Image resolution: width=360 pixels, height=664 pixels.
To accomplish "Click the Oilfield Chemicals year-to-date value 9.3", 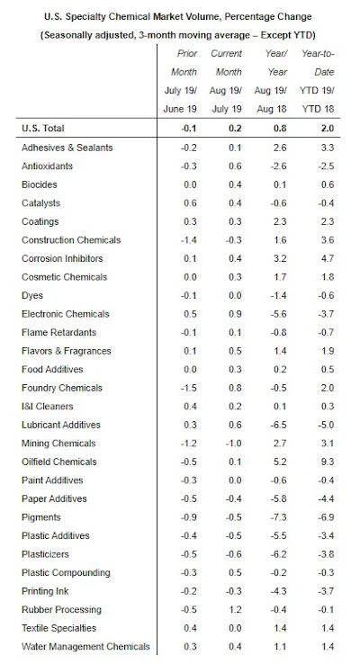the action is point(328,462).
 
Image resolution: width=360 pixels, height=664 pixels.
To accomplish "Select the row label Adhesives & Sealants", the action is point(67,148).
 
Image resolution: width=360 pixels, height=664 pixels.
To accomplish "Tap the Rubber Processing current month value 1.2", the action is point(235,609).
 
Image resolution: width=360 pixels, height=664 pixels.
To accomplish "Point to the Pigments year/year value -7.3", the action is point(279,517).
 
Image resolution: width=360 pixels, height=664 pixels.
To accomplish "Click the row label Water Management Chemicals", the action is point(85,647).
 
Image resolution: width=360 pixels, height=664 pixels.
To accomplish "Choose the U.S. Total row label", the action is point(43,129).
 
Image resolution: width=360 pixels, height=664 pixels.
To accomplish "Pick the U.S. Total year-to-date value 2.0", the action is point(328,129).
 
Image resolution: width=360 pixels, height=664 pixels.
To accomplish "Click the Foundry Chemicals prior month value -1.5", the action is point(187,388).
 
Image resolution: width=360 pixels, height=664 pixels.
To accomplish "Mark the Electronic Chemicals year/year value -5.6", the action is point(279,314).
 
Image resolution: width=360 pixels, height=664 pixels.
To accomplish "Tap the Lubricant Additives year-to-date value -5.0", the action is point(326,425).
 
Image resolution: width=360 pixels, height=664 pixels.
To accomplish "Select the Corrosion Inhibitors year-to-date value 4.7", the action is point(328,258).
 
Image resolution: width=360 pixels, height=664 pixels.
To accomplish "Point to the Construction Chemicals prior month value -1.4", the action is point(187,240).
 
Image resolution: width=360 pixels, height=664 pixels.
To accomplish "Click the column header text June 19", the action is point(180,109).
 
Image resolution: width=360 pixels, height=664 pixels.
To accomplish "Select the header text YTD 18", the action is point(318,109).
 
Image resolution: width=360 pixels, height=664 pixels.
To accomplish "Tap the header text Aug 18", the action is point(272,109).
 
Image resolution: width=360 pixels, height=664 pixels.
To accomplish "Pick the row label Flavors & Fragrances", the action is point(67,351).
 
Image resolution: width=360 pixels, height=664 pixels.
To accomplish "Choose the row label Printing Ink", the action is point(45,591).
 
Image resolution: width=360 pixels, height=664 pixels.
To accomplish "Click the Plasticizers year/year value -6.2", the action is point(279,554).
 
